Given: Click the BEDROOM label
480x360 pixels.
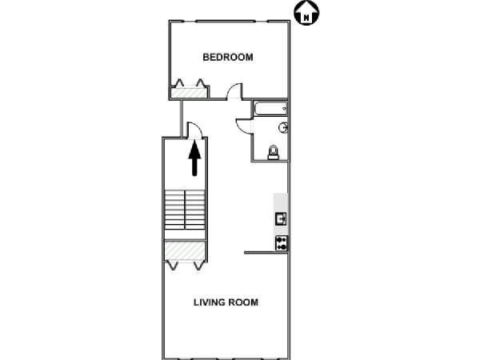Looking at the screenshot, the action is [228, 58].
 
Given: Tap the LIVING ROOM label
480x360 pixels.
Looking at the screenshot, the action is [226, 302].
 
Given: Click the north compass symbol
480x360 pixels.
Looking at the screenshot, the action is [306, 13].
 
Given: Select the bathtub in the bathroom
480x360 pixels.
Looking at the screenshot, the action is [270, 109].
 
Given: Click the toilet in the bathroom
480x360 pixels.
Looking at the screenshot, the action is [274, 152].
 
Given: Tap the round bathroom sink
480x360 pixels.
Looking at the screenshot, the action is [283, 128].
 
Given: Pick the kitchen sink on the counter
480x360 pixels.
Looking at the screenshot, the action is [281, 219].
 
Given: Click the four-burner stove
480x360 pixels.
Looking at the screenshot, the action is [282, 243].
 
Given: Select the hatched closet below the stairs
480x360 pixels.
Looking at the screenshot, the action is [185, 250].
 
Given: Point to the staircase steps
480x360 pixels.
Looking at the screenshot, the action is [185, 210].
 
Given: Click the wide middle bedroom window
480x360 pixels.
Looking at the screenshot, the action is [226, 21].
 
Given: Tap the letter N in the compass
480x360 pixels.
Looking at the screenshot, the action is [306, 18].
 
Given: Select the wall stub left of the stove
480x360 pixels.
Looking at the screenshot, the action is [266, 253].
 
